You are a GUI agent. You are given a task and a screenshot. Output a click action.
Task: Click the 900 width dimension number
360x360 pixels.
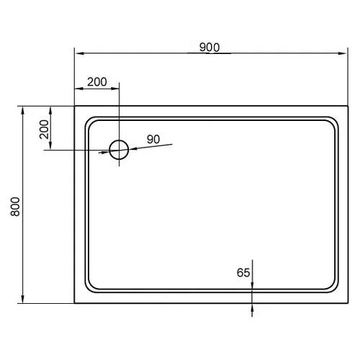coord(209,47)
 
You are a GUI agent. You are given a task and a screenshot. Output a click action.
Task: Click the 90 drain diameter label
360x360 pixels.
coord(153,139)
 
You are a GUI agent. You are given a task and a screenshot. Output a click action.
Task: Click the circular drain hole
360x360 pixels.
coord(118,150)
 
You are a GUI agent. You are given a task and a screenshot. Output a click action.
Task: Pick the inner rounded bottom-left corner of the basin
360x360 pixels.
coord(88,289)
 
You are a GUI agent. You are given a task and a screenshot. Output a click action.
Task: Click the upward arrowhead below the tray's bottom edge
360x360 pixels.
coord(253,306)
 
